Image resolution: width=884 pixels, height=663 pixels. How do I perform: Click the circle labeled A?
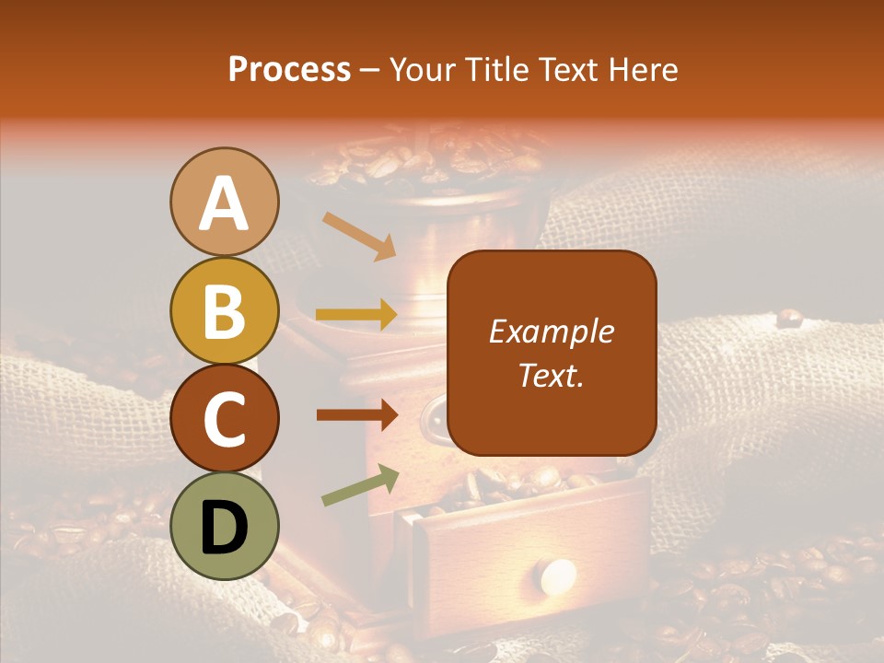point(225,203)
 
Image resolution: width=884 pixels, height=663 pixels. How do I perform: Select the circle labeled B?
point(225,310)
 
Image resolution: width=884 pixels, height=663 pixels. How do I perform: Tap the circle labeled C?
point(225,418)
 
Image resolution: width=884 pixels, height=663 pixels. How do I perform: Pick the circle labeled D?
point(225,526)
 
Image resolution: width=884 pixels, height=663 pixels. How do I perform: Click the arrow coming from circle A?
point(359,236)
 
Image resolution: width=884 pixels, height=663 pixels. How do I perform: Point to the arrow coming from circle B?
point(357,315)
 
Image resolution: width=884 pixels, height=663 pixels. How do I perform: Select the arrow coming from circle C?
point(357,415)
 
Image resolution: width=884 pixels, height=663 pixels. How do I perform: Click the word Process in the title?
point(289,69)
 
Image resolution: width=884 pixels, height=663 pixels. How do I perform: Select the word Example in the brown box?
point(552,331)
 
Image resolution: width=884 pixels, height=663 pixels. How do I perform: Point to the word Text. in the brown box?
point(552,375)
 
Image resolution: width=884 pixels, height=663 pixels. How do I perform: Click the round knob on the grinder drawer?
point(558,576)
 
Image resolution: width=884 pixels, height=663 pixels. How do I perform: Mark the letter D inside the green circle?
point(225,527)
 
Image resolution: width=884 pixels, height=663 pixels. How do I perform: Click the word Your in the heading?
point(421,69)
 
